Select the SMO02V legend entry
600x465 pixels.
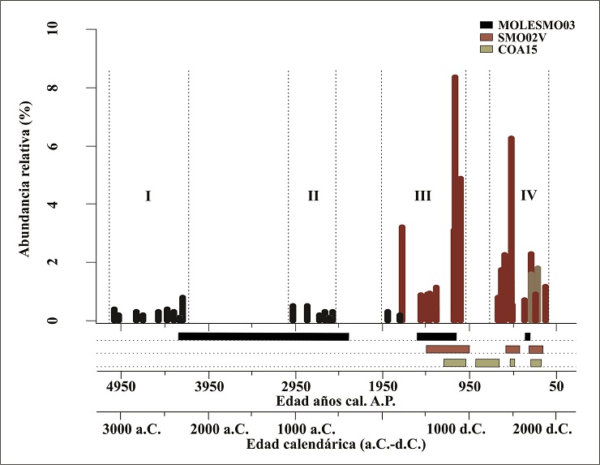(519, 38)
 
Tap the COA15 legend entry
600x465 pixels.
(516, 50)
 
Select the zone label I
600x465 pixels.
(148, 196)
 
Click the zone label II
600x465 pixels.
(313, 196)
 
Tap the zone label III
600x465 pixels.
(422, 196)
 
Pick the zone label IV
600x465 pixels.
(529, 196)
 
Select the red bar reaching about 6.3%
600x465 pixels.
(512, 227)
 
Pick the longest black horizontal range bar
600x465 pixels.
(264, 336)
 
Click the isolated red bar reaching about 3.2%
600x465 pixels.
(401, 272)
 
